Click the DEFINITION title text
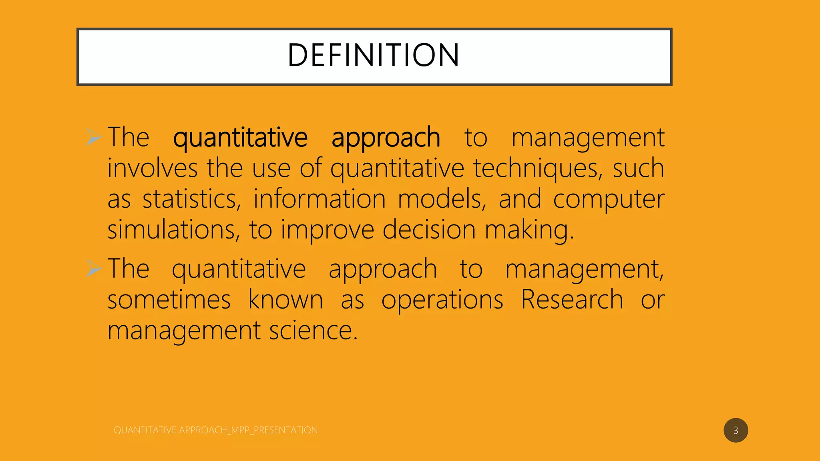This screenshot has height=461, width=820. [374, 55]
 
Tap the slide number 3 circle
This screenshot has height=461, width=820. [736, 430]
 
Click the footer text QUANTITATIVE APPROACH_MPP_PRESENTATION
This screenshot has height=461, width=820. [215, 430]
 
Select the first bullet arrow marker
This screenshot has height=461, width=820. [94, 137]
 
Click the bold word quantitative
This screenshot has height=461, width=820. [240, 138]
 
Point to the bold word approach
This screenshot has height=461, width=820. [386, 138]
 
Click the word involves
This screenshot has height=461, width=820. [152, 168]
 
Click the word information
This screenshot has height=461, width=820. [319, 199]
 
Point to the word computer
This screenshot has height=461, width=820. [609, 199]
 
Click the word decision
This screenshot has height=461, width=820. [429, 230]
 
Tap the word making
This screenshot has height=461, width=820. [529, 230]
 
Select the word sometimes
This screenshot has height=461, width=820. [169, 300]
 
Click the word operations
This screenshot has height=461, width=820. [442, 300]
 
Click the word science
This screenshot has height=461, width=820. [313, 331]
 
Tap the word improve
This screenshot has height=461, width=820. [327, 230]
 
